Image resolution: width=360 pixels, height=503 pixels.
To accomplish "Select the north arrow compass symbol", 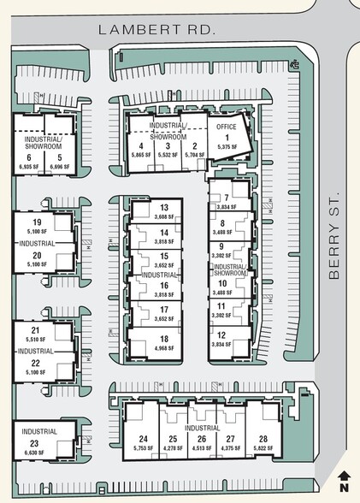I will tap(344, 482).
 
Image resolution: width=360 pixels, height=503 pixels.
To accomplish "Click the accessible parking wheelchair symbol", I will tap(293, 64).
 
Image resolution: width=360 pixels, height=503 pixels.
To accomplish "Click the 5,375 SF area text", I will tap(227, 147).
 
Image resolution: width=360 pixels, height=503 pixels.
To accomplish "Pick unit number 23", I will tap(35, 443).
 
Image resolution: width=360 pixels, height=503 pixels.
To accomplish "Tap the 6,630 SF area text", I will tap(35, 454).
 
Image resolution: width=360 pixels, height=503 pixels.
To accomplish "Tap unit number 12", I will tap(222, 334).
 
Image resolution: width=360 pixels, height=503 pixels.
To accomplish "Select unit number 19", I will tap(37, 222).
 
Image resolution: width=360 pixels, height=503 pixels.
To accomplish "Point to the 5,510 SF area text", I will tap(36, 340).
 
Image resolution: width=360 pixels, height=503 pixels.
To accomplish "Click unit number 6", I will tap(29, 157).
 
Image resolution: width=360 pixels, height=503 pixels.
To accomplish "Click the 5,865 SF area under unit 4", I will tap(142, 156).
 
